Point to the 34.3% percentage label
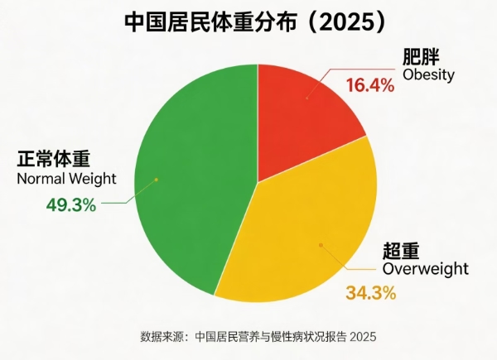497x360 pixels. point(370,292)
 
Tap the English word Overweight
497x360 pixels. point(426,269)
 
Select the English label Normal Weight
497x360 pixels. point(66,178)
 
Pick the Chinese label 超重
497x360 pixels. point(400,251)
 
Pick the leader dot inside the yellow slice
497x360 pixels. point(321,244)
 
